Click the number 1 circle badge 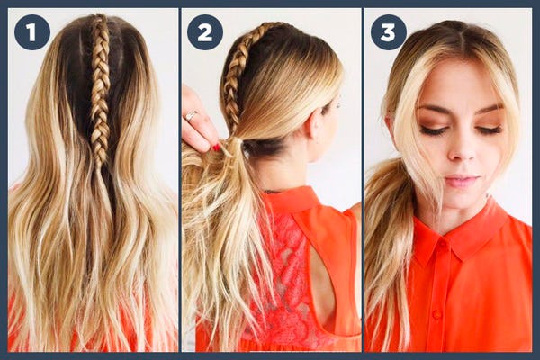[31, 32]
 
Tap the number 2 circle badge [204, 32]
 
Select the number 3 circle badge [388, 32]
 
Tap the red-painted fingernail [216, 147]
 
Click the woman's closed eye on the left [435, 130]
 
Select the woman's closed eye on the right [489, 130]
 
